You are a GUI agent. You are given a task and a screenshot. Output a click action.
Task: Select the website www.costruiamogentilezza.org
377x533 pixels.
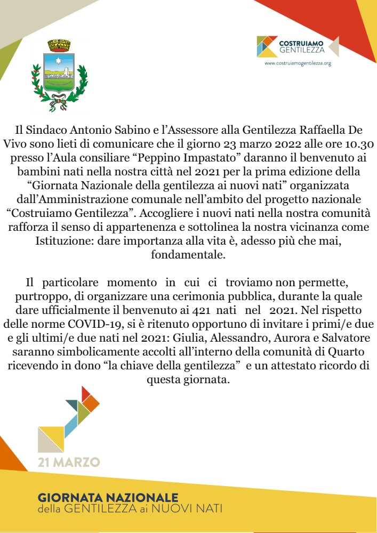[298, 63]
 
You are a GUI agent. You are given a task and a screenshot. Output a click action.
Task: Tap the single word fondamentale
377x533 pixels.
[188, 255]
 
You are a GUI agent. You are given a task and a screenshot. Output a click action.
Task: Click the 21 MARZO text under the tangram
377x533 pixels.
[69, 461]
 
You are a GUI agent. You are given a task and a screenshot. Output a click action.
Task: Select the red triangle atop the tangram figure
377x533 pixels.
[85, 393]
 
